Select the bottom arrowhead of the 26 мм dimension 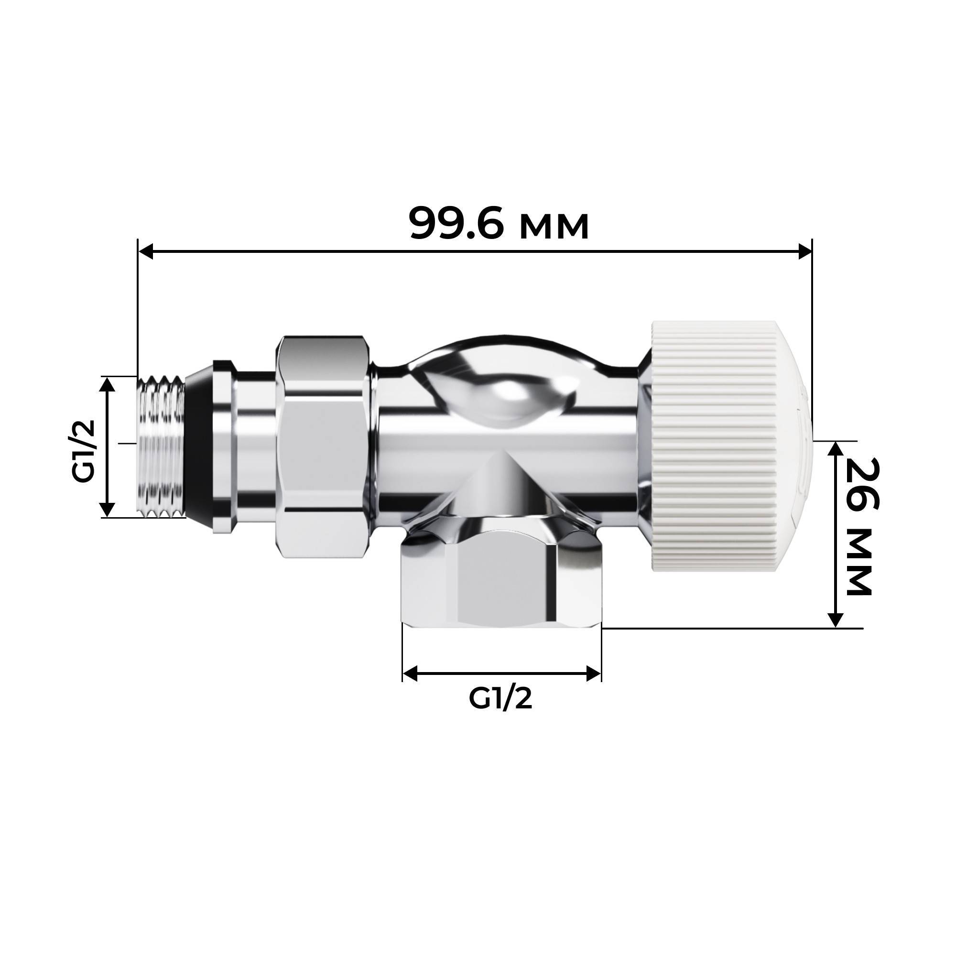tap(835, 619)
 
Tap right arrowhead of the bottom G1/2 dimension tap(594, 673)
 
